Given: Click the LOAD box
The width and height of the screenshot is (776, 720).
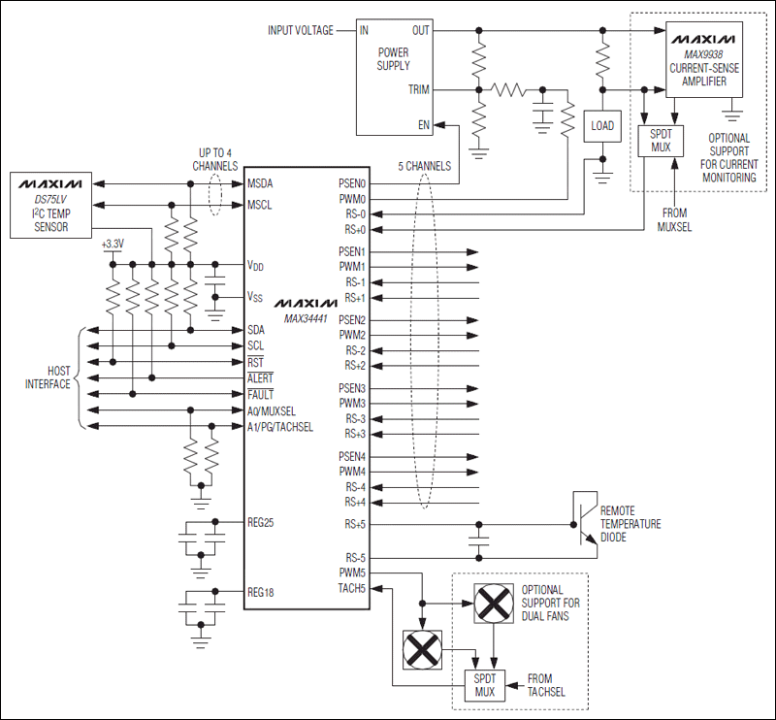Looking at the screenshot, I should (x=602, y=125).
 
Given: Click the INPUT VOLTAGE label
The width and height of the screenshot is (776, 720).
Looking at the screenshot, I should (x=301, y=30).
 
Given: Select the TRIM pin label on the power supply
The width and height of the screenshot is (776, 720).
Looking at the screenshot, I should (x=419, y=89).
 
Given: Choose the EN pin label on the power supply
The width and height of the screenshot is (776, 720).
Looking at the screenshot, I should (x=424, y=124).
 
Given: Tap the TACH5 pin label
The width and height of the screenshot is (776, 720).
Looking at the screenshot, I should (x=351, y=586).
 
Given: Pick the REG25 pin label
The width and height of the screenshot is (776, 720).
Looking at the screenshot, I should (x=262, y=522).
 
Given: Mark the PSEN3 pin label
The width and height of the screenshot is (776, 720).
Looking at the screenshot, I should (x=351, y=388).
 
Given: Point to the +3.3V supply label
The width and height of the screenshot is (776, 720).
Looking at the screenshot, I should (x=113, y=245).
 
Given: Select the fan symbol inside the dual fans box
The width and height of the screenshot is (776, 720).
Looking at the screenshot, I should (x=493, y=604).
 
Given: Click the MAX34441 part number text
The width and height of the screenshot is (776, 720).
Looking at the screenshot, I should (x=307, y=317).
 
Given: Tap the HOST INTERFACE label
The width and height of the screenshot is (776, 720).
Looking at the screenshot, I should (x=46, y=377).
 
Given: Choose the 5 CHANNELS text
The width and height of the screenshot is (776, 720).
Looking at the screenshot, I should (x=424, y=166).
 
